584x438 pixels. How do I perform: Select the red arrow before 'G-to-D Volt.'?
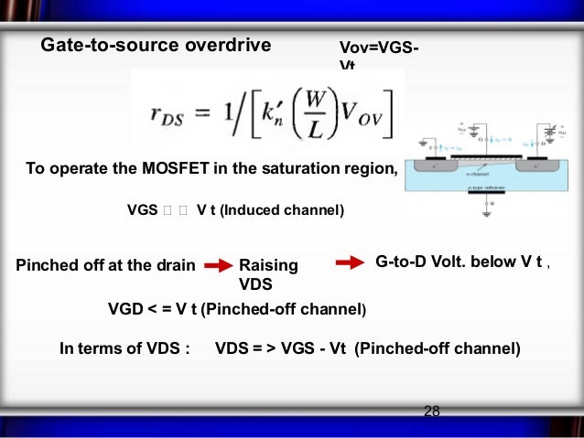(350, 263)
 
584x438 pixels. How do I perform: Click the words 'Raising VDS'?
(267, 273)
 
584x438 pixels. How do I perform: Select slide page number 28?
(431, 411)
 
